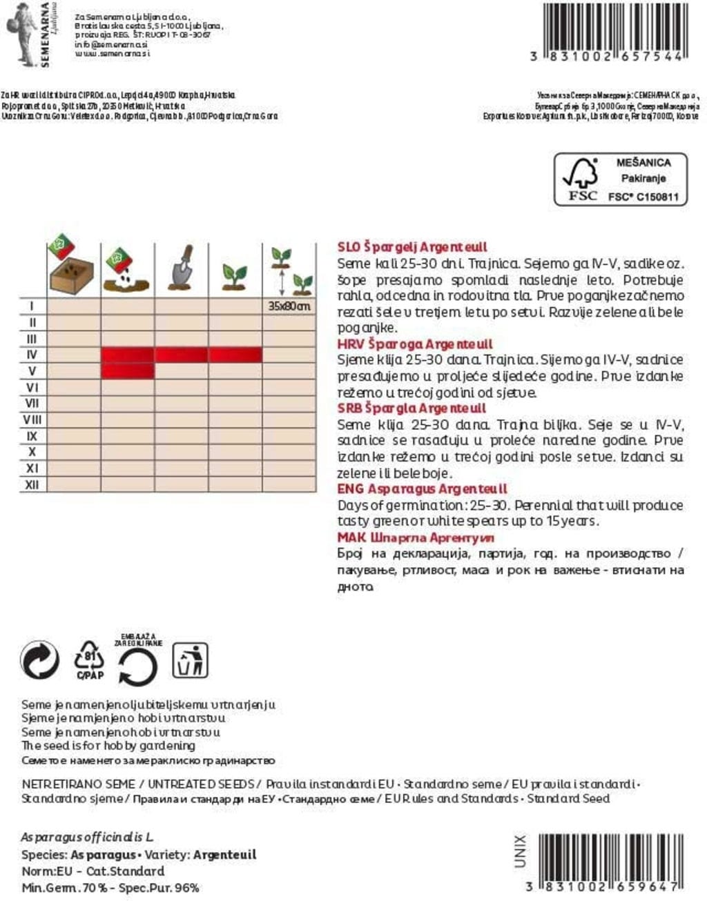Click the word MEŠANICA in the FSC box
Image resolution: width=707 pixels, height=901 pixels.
[643, 163]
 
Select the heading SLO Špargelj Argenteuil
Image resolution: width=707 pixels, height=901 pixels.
[412, 247]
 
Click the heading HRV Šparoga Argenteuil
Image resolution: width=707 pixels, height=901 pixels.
[415, 344]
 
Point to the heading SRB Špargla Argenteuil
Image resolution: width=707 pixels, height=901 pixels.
[411, 408]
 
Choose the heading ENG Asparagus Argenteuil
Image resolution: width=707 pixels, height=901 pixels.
[422, 488]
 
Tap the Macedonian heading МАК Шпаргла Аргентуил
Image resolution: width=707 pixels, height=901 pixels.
[416, 537]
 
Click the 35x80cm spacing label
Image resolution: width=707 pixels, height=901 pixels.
[289, 306]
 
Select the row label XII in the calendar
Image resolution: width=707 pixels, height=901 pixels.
[32, 484]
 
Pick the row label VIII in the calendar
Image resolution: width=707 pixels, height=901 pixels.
[32, 419]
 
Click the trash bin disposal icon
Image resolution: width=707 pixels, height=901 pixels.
[189, 660]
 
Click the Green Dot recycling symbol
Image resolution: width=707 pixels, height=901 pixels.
[40, 660]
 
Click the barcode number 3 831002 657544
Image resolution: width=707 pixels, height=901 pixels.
[607, 56]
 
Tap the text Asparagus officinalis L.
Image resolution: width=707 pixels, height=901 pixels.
[87, 837]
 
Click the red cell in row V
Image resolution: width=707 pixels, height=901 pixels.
[128, 371]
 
